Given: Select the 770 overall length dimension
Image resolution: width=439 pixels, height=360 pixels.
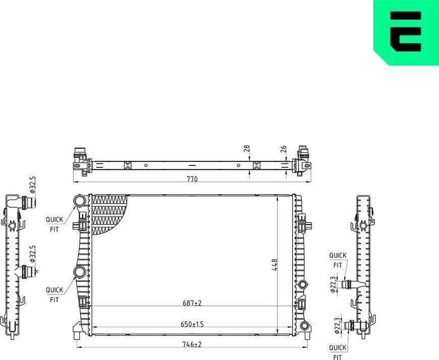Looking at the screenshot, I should click(191, 179).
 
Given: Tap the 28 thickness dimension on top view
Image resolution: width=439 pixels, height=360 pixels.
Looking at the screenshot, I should click(246, 149).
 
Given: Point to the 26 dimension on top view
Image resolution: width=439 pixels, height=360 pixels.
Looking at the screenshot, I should click(284, 149).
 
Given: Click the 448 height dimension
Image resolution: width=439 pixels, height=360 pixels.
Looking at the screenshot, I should click(275, 264).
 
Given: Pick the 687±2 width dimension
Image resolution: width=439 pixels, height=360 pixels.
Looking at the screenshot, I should click(192, 303).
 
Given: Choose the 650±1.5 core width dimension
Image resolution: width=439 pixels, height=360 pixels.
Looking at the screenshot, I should click(192, 324).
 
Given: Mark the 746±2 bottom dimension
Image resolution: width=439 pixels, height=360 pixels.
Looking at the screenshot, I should click(192, 344).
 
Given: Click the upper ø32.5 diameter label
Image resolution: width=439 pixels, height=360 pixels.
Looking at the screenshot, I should click(33, 185).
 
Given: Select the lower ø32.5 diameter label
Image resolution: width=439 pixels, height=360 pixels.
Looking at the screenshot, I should click(33, 255).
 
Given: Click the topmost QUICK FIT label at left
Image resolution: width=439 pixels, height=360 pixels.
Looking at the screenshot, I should click(54, 224).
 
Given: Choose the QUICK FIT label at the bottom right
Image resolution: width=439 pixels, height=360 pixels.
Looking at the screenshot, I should click(338, 352).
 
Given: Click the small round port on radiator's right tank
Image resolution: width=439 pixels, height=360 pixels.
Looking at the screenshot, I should click(302, 284).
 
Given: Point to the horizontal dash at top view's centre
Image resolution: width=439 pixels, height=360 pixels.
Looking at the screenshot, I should click(191, 165).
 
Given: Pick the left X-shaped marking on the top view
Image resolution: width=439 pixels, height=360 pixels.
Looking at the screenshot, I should click(127, 165).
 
